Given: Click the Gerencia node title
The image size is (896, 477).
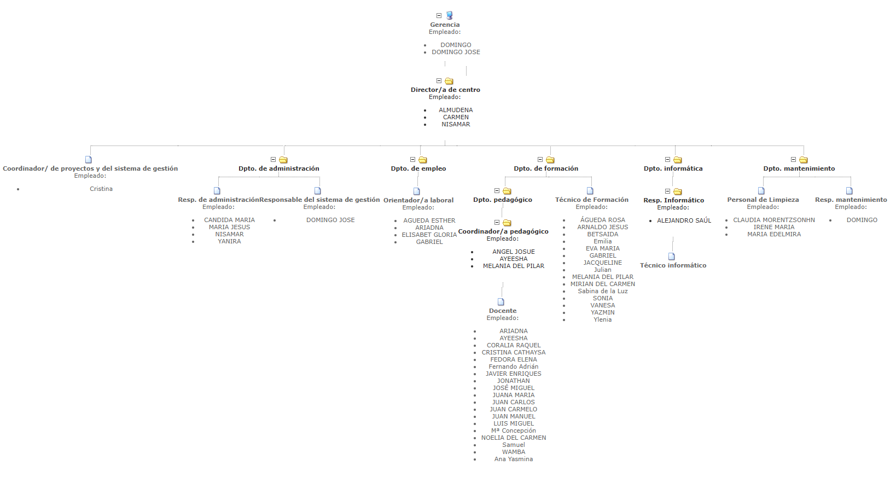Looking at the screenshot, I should coord(445,25).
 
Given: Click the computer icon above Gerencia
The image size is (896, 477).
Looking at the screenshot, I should coord(449,15).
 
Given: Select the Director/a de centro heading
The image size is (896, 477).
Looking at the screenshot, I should coord(445,90).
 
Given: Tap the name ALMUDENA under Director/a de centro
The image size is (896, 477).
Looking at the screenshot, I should coord(456,110).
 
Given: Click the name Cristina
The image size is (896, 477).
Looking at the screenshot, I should coord(101,189).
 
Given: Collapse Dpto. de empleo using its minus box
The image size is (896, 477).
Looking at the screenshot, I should coord(413,160).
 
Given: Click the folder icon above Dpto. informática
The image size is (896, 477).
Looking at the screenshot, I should coord(677,160).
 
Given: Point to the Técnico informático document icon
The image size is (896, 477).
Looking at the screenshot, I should coord(672,257).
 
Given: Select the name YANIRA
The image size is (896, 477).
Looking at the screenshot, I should coord(229,241).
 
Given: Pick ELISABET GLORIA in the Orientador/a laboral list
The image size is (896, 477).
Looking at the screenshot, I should coord(429,235).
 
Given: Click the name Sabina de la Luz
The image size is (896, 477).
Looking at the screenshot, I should coord(603,291).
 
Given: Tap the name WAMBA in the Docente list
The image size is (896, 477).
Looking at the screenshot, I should coord(514,452).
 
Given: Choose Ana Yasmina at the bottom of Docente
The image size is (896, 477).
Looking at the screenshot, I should coord(514,459).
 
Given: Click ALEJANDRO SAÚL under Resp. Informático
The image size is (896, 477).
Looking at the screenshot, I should coord(684,220).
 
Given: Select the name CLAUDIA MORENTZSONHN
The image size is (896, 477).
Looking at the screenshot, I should coord(773,220).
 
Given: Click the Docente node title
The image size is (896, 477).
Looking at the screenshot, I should coord(503,311).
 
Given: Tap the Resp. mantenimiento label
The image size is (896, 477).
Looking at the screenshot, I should coord(851,200).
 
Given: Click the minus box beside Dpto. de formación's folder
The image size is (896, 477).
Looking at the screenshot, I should coord(540,160).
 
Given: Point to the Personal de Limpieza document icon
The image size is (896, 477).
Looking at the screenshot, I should coord(761,191).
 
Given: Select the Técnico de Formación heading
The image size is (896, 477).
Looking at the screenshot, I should coord(591,200).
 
